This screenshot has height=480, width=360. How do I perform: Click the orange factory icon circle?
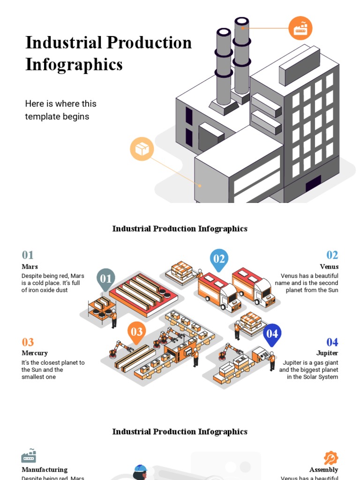pos(300,28)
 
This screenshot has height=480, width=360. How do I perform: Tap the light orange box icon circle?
pos(142,149)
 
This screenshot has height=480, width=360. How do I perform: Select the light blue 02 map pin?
pos(219,259)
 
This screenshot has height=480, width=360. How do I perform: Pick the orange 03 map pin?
pos(136,332)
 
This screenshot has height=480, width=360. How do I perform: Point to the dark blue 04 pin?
pos(272,334)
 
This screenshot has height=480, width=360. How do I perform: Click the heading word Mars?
pos(30,267)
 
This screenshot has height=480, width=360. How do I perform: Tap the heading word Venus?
pos(329,267)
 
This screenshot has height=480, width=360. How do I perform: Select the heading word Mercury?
pos(35,353)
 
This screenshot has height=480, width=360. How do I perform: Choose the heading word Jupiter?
pos(327,353)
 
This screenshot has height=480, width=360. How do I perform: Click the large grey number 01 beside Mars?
pos(28,255)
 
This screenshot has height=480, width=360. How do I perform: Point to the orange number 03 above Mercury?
pos(28,342)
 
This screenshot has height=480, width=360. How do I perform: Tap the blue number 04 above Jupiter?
pos(332,342)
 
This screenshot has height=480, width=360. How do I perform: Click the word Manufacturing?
pos(45,470)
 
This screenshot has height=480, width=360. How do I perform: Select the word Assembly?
pos(324,470)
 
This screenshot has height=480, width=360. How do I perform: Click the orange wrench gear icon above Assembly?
pos(331,458)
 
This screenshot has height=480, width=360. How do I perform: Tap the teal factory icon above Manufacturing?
pos(29,456)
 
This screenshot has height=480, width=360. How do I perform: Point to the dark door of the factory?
pos(313,184)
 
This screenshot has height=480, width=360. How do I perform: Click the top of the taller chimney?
pos(242,22)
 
